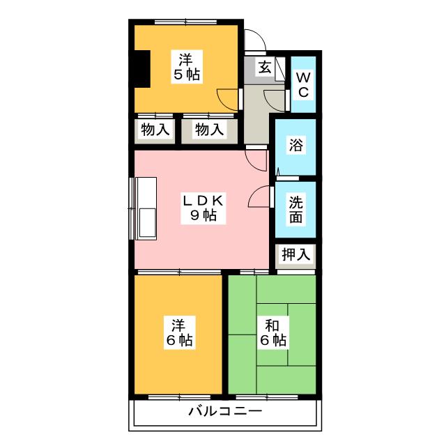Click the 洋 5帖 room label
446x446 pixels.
[185, 66]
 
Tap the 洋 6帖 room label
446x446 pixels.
[179, 332]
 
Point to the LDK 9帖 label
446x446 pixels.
[203, 208]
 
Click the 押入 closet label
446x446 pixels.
[296, 254]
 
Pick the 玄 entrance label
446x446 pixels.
[265, 68]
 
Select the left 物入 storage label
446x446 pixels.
[155, 130]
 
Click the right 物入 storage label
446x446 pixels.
[209, 130]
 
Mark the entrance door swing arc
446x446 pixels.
[254, 39]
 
